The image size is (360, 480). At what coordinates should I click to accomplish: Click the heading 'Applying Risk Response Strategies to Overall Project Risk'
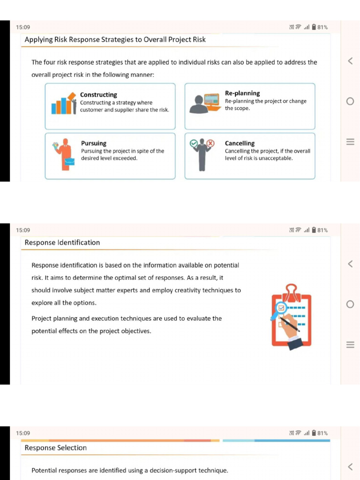coord(115,39)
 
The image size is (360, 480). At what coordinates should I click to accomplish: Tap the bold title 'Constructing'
coord(98,95)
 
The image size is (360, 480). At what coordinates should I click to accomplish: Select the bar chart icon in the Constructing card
coord(63,104)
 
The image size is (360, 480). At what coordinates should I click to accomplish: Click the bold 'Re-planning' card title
coord(242,93)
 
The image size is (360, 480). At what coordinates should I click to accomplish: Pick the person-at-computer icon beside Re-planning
coord(205,104)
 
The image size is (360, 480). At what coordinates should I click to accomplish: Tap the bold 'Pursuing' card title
coord(94,143)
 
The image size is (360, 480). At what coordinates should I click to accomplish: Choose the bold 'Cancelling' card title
coord(240,143)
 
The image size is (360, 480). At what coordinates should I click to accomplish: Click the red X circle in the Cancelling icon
coord(210,143)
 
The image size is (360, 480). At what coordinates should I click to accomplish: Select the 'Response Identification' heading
coord(62,242)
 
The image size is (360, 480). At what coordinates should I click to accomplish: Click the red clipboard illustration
coord(291,317)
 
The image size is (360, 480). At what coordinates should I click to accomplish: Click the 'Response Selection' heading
coord(56,448)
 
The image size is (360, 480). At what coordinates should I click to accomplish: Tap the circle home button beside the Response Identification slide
coord(350,304)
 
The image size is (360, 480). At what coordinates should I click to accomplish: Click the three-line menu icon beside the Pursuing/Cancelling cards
coord(350,142)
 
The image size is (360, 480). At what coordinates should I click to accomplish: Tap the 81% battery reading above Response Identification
coord(322,230)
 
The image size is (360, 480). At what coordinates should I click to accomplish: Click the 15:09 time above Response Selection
coord(23,433)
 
